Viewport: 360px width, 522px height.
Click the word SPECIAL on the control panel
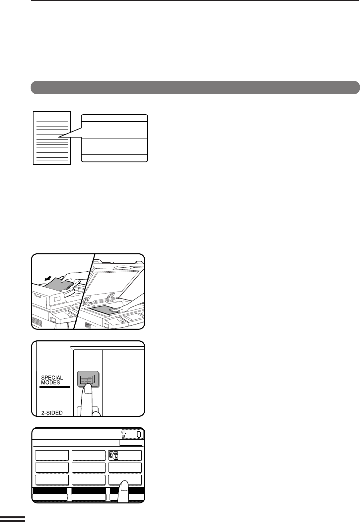[x=52, y=377]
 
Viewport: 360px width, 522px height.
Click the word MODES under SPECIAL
[x=50, y=383]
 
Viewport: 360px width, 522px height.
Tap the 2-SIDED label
[x=52, y=413]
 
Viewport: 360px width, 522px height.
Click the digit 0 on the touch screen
[x=139, y=434]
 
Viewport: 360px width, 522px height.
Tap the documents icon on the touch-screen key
[x=113, y=455]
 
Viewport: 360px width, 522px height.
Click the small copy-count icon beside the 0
[x=124, y=433]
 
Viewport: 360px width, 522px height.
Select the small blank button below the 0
[x=131, y=443]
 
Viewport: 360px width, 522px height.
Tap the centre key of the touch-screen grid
[x=88, y=468]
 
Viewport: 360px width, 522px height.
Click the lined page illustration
[x=52, y=138]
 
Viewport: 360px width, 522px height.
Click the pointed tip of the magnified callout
[x=59, y=137]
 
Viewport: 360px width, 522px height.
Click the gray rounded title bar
[x=195, y=87]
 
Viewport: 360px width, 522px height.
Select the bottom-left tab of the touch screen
[x=50, y=497]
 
